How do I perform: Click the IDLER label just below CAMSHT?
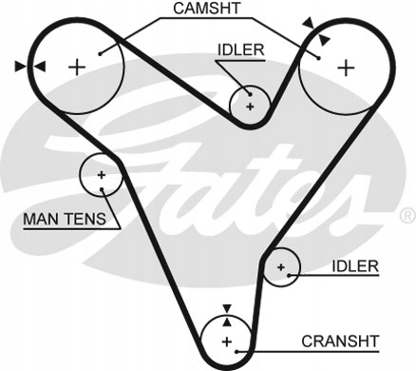[241, 49]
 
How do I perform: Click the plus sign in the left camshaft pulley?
[78, 66]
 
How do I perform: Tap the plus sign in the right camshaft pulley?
[347, 67]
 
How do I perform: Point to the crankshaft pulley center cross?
[226, 342]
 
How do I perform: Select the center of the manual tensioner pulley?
[101, 174]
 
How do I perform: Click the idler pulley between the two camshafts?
[251, 107]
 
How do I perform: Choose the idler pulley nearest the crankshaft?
[281, 268]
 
